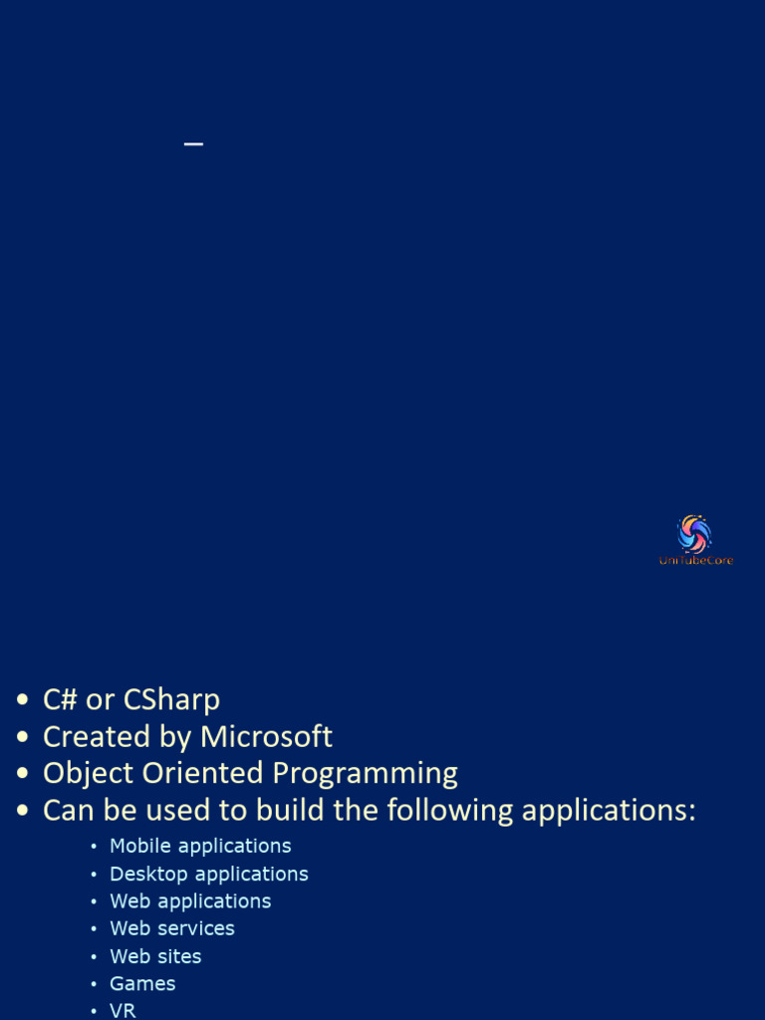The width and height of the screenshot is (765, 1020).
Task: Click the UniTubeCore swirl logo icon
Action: [x=694, y=534]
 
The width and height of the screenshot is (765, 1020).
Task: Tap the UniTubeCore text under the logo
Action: [x=695, y=561]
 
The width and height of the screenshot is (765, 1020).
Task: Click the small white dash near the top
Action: [x=193, y=144]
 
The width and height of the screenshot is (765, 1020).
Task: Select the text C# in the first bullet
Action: [x=60, y=700]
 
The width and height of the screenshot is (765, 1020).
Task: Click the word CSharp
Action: [x=171, y=700]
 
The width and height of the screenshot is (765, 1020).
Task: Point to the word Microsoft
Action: [x=266, y=737]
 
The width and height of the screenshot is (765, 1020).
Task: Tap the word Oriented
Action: [x=203, y=773]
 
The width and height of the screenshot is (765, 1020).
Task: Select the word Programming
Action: [x=366, y=774]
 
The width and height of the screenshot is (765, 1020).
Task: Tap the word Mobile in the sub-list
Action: [x=140, y=846]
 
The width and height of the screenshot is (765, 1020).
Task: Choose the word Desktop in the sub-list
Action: [x=148, y=874]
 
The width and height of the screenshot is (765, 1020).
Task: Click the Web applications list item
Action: [x=190, y=901]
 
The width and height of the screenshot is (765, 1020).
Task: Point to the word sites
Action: [x=179, y=956]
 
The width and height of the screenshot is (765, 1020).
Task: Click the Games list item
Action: [x=142, y=984]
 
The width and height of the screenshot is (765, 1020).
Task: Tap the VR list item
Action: [x=123, y=1010]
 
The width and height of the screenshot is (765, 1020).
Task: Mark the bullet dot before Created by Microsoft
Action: [x=23, y=738]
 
